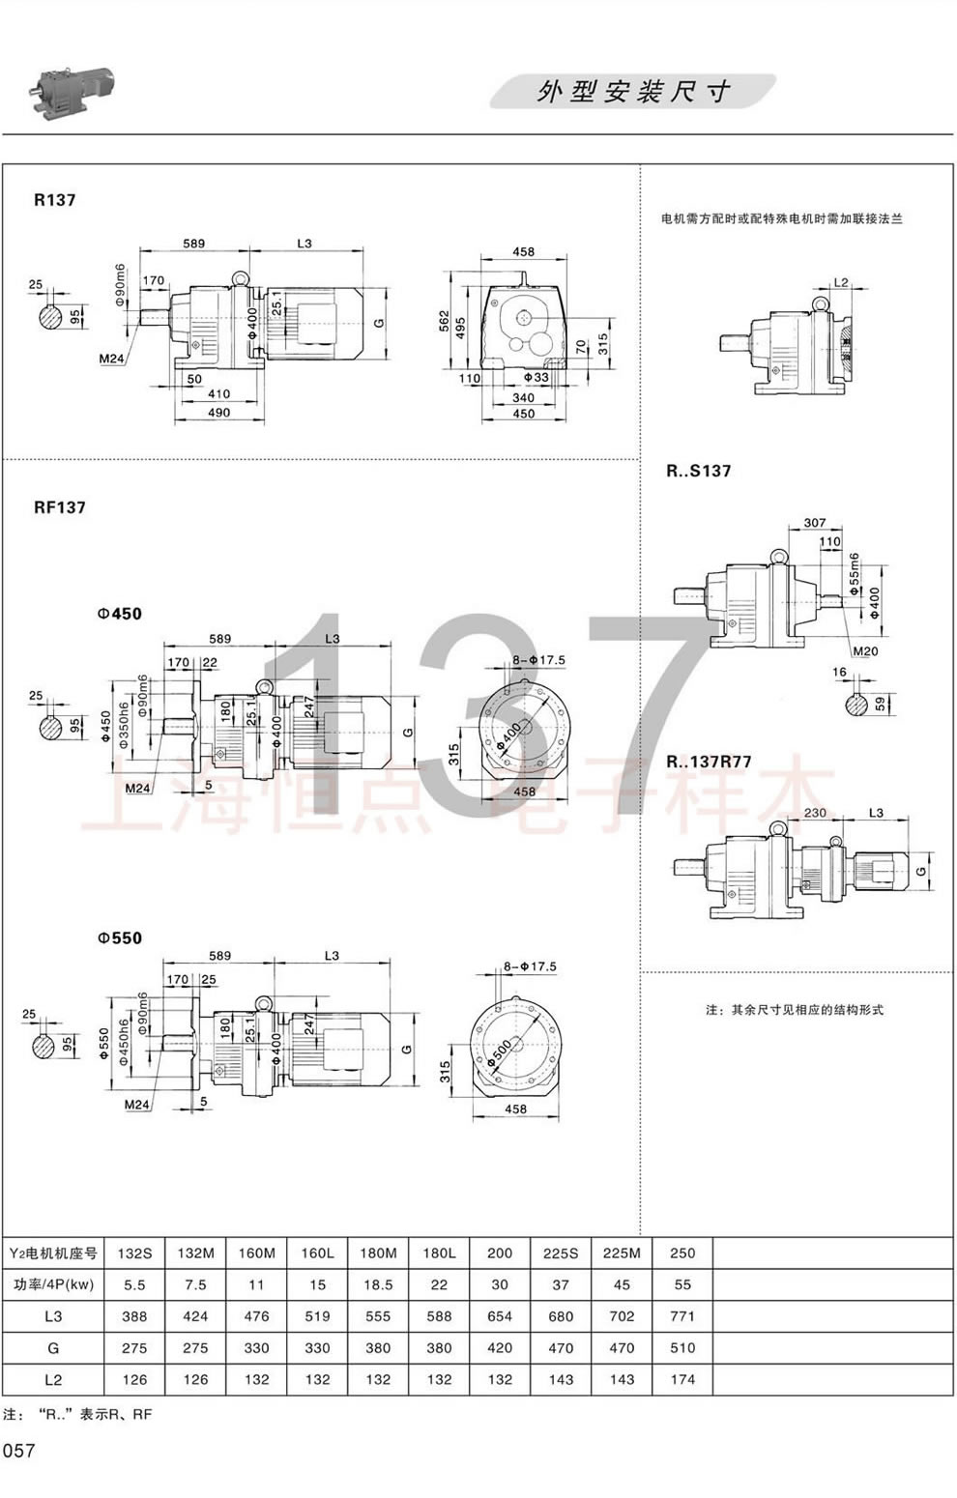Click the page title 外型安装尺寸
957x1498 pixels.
point(633,92)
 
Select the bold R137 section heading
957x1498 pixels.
point(54,200)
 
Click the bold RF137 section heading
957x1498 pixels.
point(60,506)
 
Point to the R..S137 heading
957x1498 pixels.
point(699,471)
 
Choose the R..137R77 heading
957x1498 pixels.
point(709,762)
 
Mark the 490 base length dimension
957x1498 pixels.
point(218,413)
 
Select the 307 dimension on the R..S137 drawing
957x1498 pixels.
point(815,524)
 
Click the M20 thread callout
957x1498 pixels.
point(866,651)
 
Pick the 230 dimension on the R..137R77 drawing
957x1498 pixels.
point(815,813)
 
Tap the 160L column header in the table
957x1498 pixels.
point(317,1253)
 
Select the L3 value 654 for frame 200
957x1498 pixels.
point(500,1316)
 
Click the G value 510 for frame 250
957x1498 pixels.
point(682,1347)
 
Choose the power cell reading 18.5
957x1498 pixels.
point(378,1284)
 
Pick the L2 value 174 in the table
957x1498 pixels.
point(682,1379)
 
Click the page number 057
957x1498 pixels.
point(19,1451)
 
